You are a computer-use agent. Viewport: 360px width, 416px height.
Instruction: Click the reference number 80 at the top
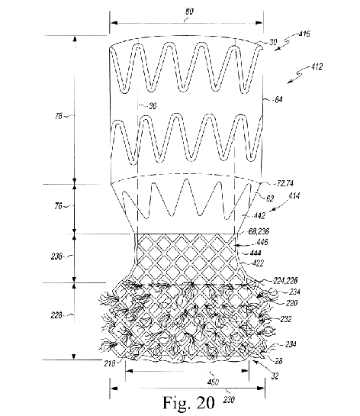[x=190, y=11]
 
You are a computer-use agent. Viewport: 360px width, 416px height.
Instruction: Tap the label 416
[x=304, y=34]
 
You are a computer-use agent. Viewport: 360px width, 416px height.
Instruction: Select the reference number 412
[x=317, y=66]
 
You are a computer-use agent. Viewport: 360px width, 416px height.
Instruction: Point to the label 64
[x=278, y=100]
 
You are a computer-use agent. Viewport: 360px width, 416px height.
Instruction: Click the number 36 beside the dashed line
[x=153, y=106]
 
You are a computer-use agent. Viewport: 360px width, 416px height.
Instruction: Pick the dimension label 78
[x=59, y=116]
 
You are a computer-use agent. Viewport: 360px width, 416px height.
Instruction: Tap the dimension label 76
[x=58, y=205]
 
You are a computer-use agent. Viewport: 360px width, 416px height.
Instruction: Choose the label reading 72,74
[x=285, y=183]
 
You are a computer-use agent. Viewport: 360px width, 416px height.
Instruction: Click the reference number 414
[x=294, y=196]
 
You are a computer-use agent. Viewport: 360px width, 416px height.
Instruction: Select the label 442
[x=259, y=216]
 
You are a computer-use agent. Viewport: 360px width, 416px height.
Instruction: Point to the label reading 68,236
[x=259, y=231]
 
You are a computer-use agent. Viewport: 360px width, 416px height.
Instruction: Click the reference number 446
[x=262, y=242]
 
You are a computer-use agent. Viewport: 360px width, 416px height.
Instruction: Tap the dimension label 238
[x=56, y=256]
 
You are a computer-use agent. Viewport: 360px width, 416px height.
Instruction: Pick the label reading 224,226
[x=285, y=280]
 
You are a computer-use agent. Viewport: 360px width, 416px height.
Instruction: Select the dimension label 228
[x=56, y=315]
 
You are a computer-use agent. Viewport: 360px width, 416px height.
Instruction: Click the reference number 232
[x=286, y=319]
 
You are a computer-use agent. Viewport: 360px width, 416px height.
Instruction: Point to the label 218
[x=110, y=363]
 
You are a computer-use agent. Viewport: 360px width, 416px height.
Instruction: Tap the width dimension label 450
[x=213, y=382]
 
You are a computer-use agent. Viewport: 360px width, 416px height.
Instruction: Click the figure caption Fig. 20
[x=188, y=403]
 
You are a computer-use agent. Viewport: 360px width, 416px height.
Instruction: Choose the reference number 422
[x=258, y=263]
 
